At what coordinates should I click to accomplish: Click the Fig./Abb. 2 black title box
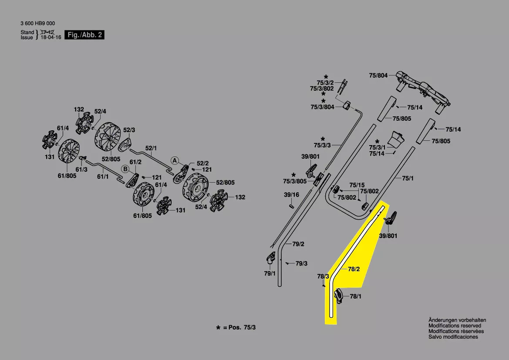click(x=84, y=35)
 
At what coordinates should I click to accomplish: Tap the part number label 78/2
click(x=354, y=269)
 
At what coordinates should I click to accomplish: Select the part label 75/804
click(x=378, y=75)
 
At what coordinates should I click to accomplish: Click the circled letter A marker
click(x=174, y=160)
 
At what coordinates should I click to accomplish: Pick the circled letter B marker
click(x=125, y=169)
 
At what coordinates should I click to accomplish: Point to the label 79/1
click(x=270, y=273)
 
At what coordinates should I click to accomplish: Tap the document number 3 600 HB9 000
click(x=38, y=24)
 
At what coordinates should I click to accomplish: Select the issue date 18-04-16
click(x=51, y=38)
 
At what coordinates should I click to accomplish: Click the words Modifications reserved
click(x=455, y=326)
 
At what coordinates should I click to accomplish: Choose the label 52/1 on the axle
click(x=151, y=148)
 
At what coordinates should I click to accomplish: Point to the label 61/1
click(x=103, y=177)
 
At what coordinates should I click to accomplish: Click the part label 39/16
click(x=291, y=194)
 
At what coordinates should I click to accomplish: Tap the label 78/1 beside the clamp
click(x=355, y=296)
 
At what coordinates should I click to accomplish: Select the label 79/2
click(x=298, y=244)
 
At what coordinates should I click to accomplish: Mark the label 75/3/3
click(x=322, y=145)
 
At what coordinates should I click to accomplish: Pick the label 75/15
click(x=357, y=185)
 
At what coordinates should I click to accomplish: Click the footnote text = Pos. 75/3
click(x=239, y=327)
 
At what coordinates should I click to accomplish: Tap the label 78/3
click(x=323, y=276)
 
